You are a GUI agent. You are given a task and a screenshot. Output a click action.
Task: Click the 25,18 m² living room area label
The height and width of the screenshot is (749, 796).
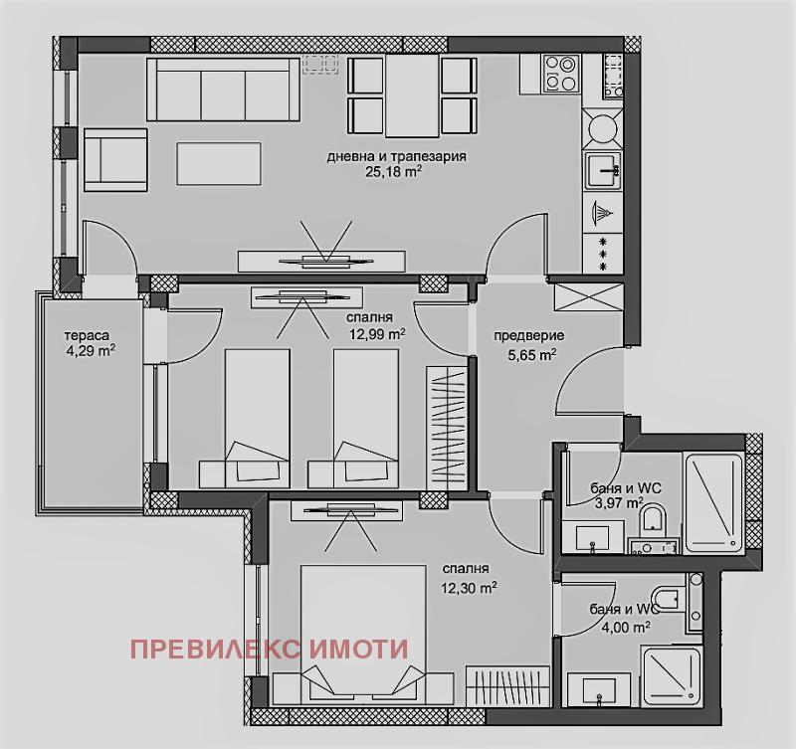tap(394, 171)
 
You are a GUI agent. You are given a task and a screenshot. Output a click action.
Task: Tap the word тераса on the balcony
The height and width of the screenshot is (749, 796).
tap(87, 335)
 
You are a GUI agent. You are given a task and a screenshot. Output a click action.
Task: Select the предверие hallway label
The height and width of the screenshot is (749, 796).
tap(529, 335)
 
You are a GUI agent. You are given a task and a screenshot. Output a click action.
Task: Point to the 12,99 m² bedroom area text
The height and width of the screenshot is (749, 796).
tap(377, 333)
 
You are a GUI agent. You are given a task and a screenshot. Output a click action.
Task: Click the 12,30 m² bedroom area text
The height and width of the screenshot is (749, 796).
tap(469, 588)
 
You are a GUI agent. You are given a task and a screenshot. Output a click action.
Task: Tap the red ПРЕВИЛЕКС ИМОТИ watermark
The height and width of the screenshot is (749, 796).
tap(270, 649)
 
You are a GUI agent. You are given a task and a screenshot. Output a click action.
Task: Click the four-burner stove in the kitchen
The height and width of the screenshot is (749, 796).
tap(561, 73)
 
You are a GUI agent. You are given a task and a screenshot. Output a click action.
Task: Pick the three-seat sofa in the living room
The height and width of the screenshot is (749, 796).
tap(223, 90)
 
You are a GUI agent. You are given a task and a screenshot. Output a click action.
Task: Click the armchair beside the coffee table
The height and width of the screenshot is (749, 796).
tap(115, 159)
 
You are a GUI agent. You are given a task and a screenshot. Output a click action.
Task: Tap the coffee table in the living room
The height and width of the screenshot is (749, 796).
tap(219, 163)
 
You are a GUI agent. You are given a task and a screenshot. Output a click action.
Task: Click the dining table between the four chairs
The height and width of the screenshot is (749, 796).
tap(412, 95)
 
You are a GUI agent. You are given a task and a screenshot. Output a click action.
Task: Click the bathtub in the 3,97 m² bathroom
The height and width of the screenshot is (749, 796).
tap(712, 502)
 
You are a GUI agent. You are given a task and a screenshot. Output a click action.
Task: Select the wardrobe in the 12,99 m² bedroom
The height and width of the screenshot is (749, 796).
tap(446, 428)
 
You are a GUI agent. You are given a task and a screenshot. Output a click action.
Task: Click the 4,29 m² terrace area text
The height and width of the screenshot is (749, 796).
tap(91, 351)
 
